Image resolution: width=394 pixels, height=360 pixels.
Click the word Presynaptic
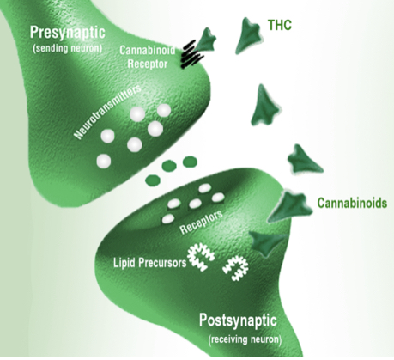point(68,33)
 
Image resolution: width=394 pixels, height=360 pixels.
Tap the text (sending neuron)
point(68,48)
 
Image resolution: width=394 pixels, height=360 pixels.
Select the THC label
point(280,25)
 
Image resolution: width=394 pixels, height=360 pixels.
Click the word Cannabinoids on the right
point(352,203)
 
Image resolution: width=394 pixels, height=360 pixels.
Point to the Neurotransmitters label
point(108,112)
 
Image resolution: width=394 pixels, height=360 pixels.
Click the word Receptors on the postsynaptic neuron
point(201,222)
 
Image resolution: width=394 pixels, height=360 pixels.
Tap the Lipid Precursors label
point(149,262)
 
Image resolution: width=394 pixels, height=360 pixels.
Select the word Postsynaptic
point(238,321)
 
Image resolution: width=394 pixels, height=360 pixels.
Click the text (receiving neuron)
point(245,339)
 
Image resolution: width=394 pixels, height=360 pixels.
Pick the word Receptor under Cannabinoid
point(148,64)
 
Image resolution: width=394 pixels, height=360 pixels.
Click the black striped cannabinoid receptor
point(192,55)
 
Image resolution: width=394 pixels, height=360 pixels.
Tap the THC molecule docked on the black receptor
point(206,40)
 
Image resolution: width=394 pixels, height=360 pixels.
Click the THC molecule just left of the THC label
point(248,34)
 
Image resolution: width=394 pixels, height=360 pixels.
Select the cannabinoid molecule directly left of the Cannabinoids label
point(289,206)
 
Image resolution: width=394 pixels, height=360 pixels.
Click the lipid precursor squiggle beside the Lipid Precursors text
point(201,257)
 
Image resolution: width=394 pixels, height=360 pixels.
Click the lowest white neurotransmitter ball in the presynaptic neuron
point(104,161)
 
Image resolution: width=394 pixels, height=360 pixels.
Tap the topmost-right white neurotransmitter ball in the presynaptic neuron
point(164,111)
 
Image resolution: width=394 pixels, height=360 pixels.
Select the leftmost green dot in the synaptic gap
point(153,180)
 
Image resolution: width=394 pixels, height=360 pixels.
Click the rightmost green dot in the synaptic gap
point(190,162)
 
